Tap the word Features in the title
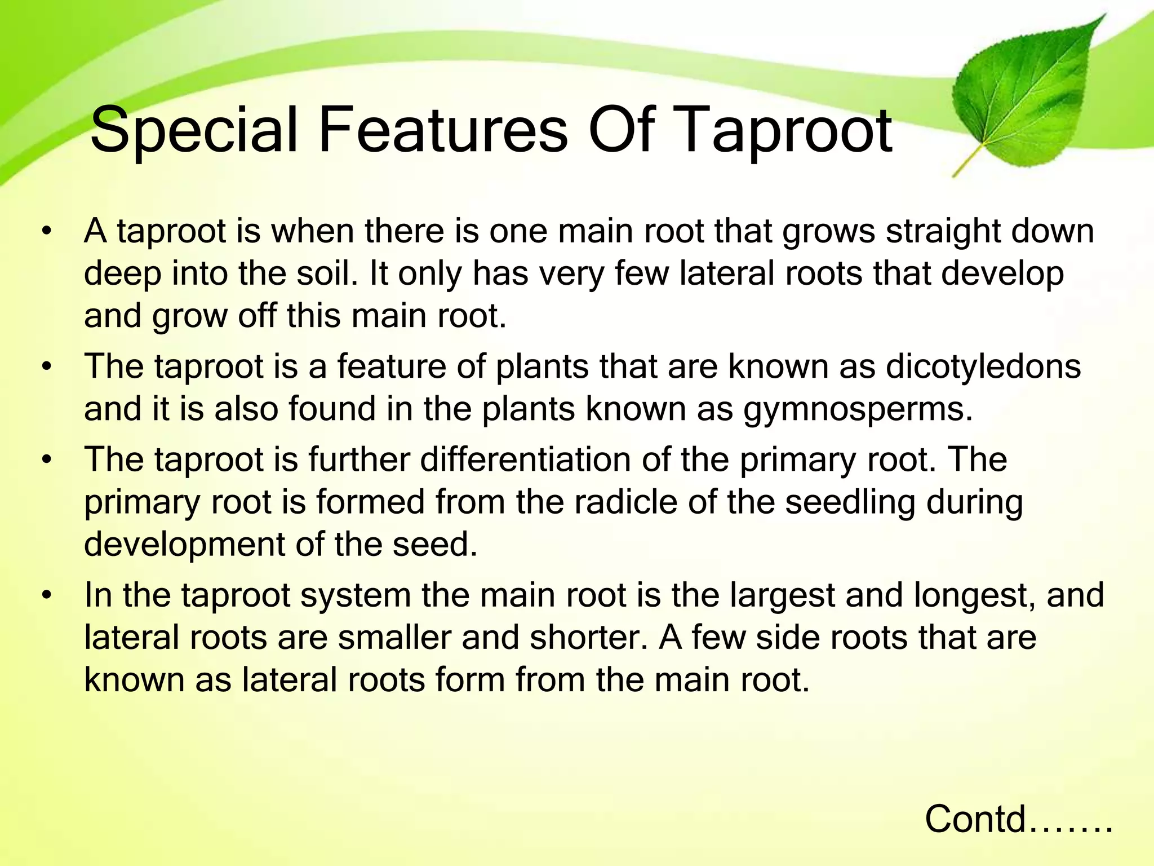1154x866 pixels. tap(443, 131)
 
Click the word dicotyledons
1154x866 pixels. tap(983, 367)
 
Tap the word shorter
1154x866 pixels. tap(588, 638)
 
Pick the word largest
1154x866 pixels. tap(783, 596)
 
